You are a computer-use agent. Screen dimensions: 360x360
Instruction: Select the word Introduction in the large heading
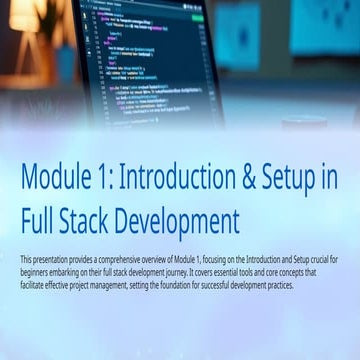(187, 178)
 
